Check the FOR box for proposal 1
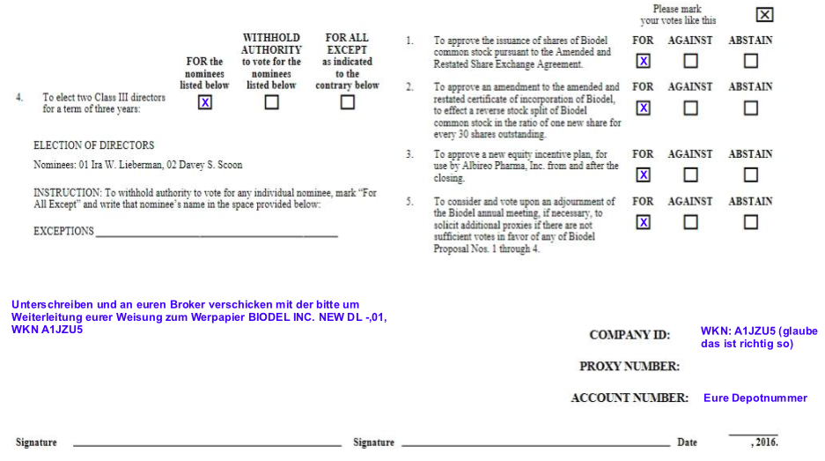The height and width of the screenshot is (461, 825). coord(644,61)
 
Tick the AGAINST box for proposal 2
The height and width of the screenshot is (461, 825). coord(690,108)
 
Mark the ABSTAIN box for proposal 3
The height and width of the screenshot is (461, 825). coord(750,175)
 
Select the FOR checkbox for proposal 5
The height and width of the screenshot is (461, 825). coord(644,222)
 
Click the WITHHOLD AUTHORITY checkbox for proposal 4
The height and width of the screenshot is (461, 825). coord(271,102)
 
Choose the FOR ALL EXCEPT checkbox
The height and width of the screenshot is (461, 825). coord(348,102)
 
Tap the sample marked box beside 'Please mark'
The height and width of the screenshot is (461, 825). coord(764,14)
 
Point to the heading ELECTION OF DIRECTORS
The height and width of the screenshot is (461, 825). coord(93,145)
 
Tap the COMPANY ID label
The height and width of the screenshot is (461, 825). coord(629,335)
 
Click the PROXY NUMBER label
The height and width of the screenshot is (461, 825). coord(629,366)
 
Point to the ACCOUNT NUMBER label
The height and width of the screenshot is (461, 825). coord(629,398)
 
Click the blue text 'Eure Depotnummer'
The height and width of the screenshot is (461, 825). coord(755,398)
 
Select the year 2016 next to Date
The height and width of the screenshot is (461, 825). coord(764,442)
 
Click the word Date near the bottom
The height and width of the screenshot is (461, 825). coord(687,442)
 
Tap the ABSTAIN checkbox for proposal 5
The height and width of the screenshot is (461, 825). coord(750,222)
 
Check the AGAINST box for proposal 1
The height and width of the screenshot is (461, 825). coord(690,61)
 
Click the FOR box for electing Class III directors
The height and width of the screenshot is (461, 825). coord(205,102)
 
